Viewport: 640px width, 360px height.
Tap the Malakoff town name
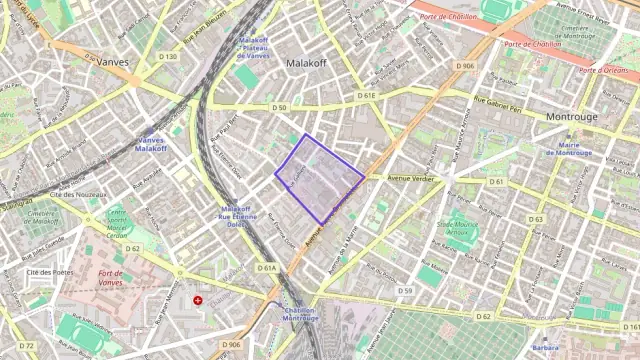(x=307, y=62)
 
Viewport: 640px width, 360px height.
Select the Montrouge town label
(x=571, y=117)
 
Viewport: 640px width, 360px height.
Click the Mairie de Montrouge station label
(x=563, y=149)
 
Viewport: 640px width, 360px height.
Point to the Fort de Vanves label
(x=118, y=279)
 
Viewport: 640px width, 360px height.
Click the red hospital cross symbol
(x=197, y=300)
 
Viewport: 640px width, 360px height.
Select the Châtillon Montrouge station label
(x=300, y=315)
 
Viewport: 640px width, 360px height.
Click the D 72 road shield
(x=26, y=346)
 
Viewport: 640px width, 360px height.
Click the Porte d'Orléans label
(x=603, y=71)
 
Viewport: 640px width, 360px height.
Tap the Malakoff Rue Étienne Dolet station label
(x=239, y=215)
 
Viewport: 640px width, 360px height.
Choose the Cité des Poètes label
(x=50, y=272)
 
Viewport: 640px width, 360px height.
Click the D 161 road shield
(x=631, y=327)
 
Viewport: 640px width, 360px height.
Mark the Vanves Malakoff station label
(x=150, y=144)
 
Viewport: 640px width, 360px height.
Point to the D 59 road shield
(x=405, y=291)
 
